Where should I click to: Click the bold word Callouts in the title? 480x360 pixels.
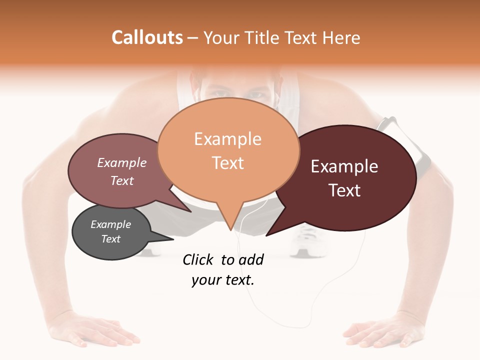pos(147,37)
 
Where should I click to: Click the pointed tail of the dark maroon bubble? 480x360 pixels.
pos(269,233)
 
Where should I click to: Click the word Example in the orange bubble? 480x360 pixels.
pos(227,139)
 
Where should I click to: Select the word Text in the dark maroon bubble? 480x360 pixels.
pos(344,190)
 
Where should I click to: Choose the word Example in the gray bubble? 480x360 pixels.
pos(110,224)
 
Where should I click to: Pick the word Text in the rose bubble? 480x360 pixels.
pos(122,180)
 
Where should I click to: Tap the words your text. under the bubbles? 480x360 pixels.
pos(223,280)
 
